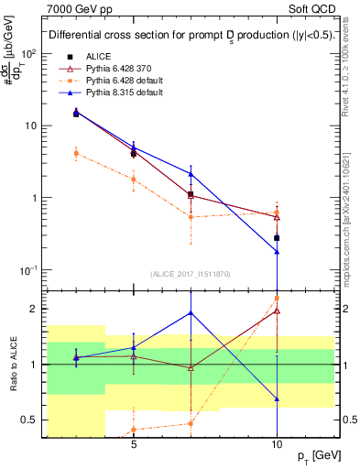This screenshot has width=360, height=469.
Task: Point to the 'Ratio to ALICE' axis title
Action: [12, 362]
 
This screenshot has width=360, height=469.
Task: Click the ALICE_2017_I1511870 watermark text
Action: [191, 274]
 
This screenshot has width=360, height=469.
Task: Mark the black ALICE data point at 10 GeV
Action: [277, 237]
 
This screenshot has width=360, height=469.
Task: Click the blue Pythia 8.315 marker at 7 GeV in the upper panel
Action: [191, 173]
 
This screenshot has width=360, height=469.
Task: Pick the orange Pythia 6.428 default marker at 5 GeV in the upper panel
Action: [134, 179]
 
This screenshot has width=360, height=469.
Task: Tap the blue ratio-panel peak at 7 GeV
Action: [191, 312]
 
